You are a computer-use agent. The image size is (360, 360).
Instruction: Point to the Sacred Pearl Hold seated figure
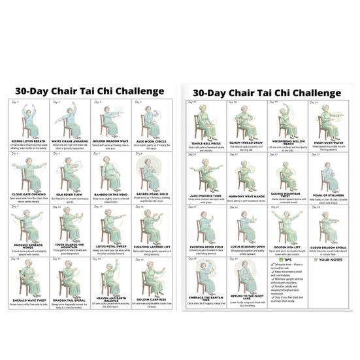[x=149, y=172]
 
